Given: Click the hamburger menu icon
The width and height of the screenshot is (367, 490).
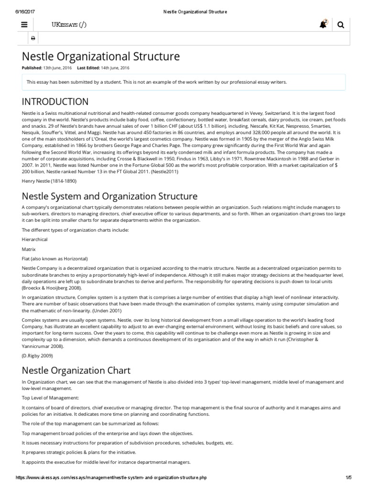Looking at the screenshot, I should [24, 25].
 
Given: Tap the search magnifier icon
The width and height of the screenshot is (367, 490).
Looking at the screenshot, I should [341, 25].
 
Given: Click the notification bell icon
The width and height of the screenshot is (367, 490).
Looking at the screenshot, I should [324, 24].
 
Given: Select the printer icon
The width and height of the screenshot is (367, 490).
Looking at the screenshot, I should [33, 38].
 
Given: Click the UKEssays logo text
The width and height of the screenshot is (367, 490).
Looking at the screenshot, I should [69, 25].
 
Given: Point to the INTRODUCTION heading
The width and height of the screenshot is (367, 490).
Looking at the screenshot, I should [55, 101].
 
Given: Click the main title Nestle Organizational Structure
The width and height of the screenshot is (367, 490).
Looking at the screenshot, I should [101, 56].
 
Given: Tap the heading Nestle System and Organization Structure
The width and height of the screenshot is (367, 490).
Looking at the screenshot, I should [109, 196].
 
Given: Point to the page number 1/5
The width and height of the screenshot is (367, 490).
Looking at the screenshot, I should [348, 478].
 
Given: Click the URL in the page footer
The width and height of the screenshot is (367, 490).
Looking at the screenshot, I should [111, 478].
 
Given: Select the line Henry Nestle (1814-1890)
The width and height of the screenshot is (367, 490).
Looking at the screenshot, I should [49, 181].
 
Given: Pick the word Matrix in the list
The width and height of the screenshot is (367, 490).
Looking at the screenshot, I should [29, 249].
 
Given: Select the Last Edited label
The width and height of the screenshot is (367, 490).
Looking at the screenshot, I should [90, 68].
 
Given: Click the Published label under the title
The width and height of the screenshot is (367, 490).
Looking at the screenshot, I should [32, 68].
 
